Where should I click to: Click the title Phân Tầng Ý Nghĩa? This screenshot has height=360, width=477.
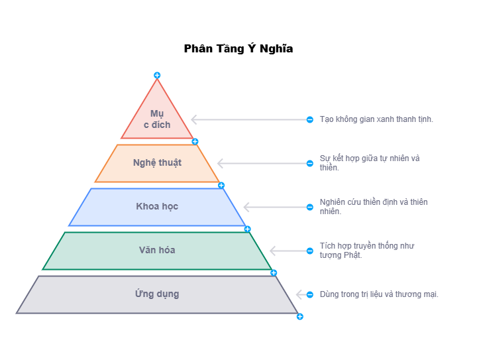(x=238, y=49)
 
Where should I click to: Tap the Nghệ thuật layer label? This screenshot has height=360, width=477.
(x=157, y=163)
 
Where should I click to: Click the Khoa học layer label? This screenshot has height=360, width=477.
(x=157, y=207)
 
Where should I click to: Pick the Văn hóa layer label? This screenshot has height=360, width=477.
(x=157, y=251)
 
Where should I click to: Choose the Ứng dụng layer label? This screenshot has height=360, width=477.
(x=157, y=294)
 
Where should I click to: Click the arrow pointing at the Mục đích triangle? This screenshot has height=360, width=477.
(x=248, y=120)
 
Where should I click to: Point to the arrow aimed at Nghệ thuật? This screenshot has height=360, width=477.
(x=262, y=163)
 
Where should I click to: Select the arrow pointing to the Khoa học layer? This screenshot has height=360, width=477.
(x=275, y=207)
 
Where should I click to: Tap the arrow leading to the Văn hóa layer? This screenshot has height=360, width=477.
(x=288, y=251)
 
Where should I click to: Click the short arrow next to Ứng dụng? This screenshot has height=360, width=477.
(x=301, y=294)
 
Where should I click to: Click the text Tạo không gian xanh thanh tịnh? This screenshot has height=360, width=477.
(x=376, y=119)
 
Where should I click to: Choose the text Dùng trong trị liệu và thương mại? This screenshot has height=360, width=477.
(x=379, y=294)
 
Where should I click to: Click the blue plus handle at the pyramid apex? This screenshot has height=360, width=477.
(x=157, y=76)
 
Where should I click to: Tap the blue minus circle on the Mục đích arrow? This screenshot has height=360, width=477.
(x=310, y=120)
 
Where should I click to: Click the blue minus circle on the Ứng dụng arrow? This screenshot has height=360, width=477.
(x=310, y=294)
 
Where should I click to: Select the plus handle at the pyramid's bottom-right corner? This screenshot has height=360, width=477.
(x=299, y=317)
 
